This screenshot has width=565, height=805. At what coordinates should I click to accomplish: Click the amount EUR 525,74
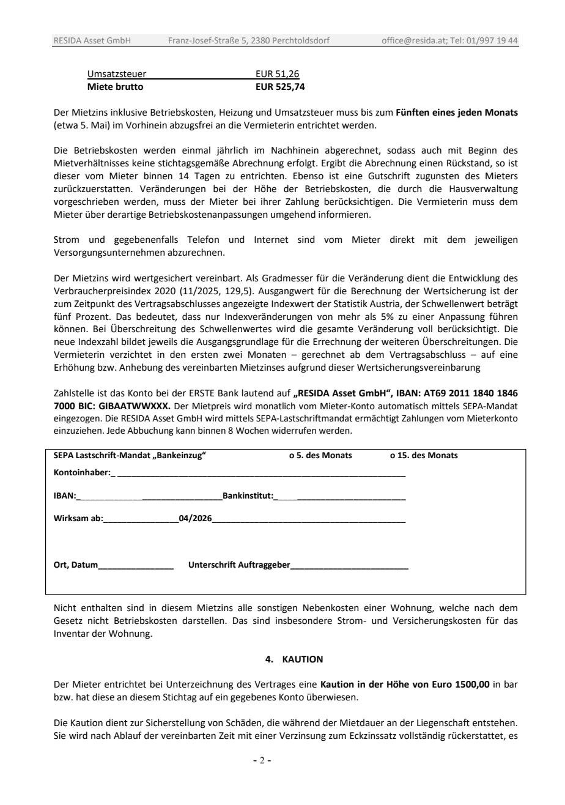[279, 87]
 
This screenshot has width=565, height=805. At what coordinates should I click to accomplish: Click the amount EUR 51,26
[277, 75]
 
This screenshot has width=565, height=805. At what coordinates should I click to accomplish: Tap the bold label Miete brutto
[115, 87]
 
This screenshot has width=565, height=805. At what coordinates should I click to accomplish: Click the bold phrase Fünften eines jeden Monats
[458, 113]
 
